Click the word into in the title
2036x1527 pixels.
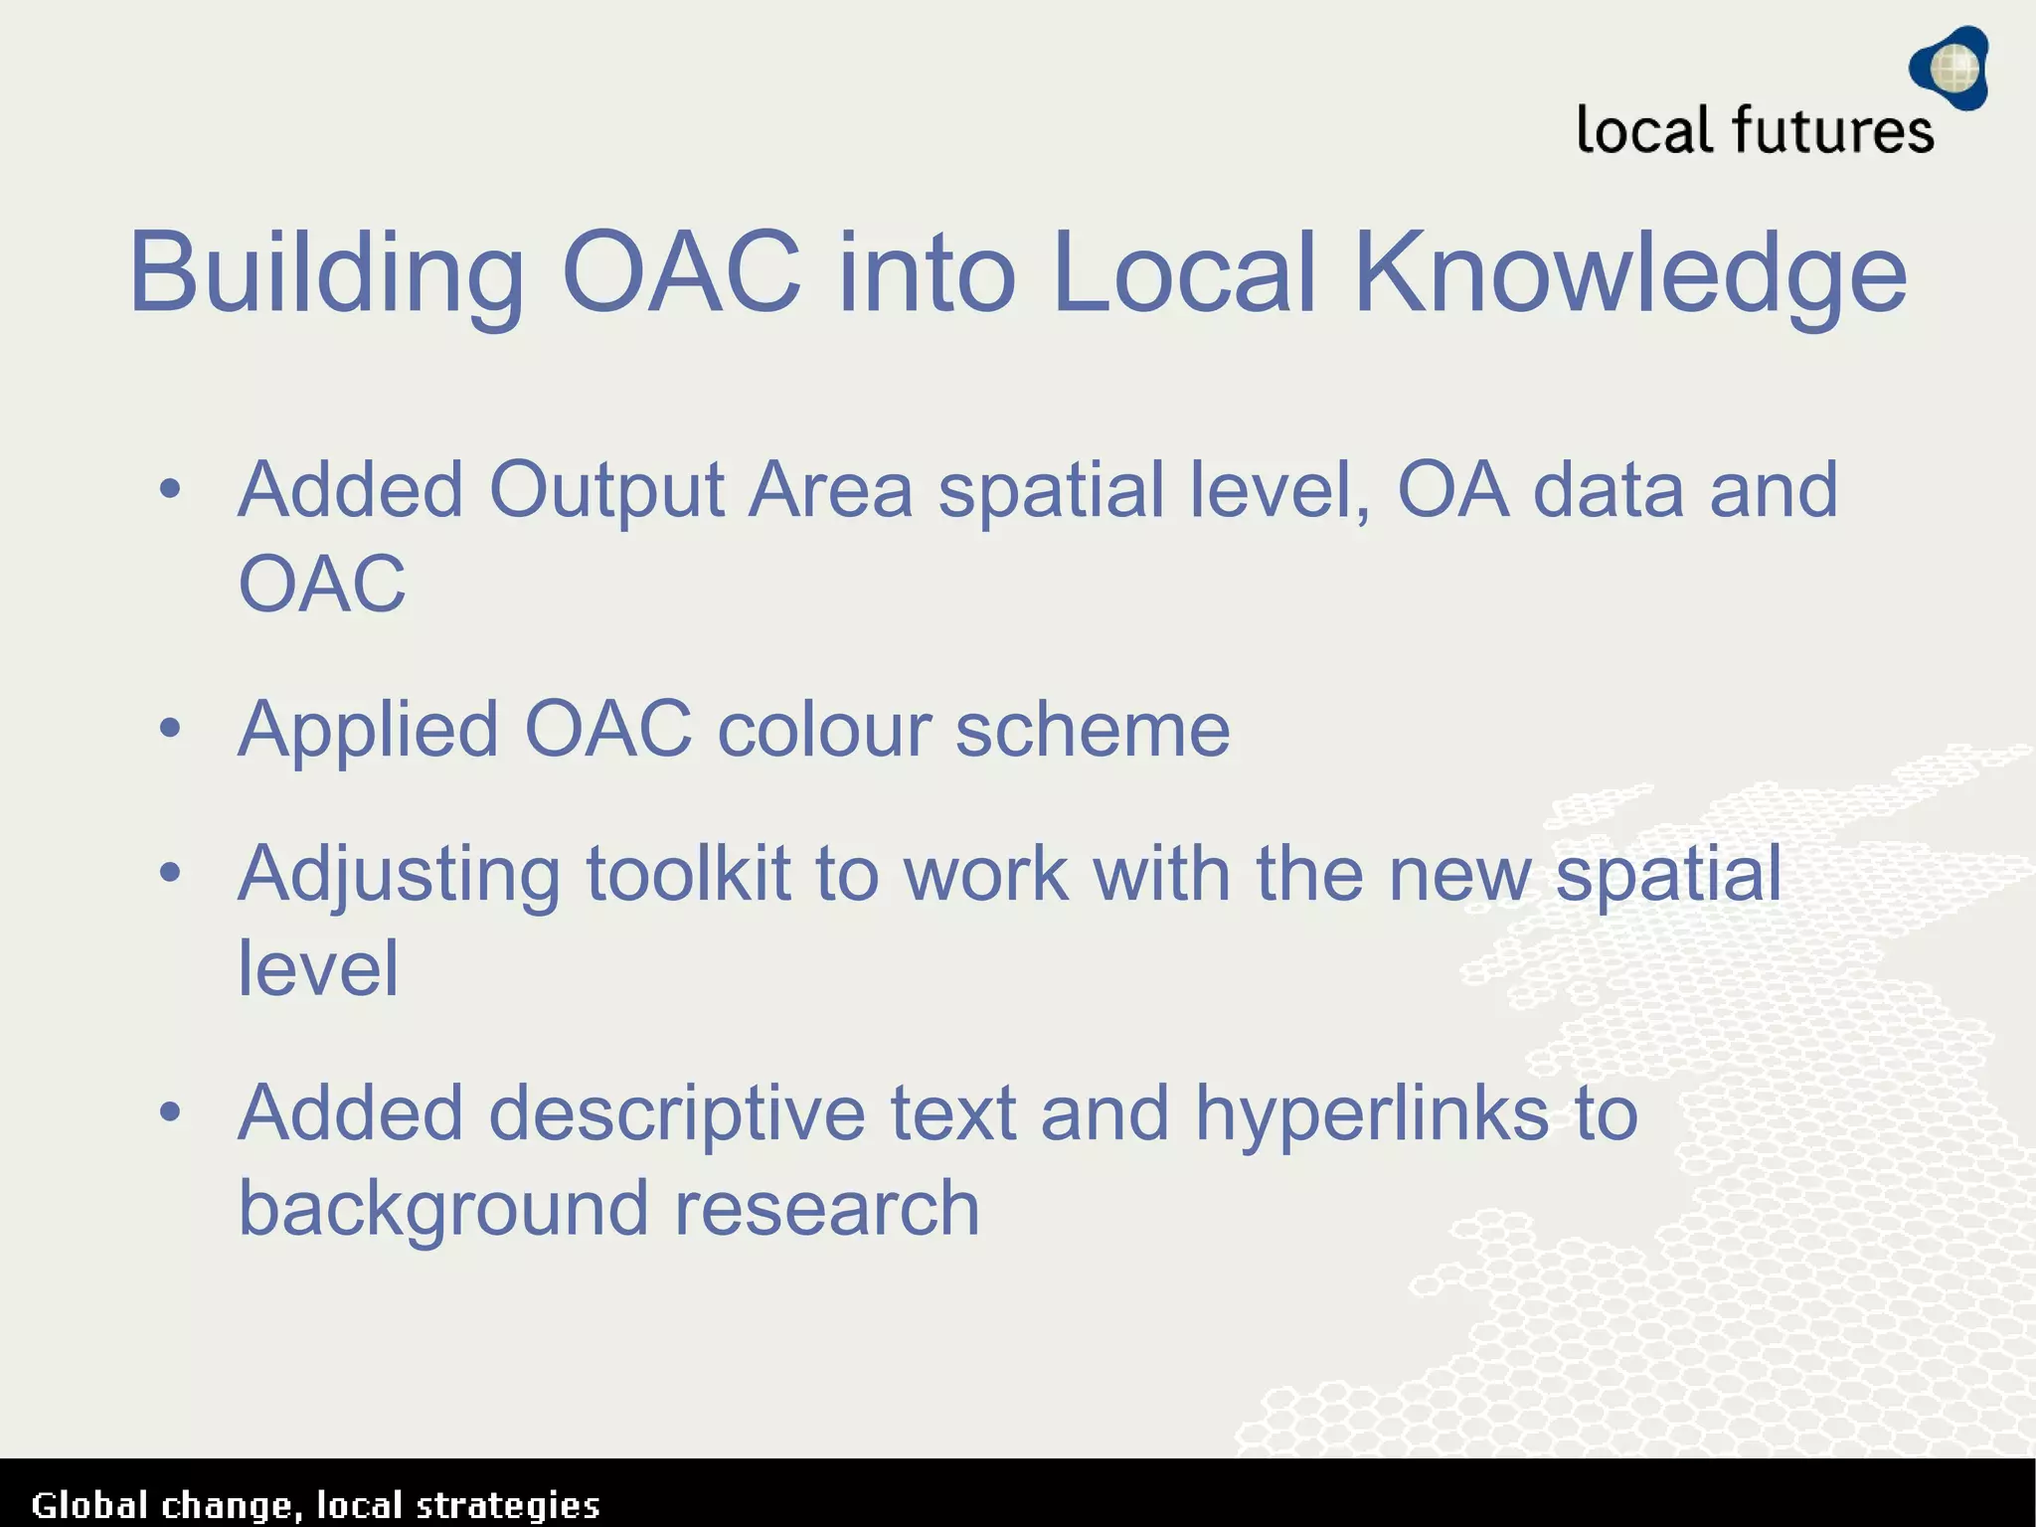(x=927, y=271)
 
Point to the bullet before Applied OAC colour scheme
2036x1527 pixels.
(x=170, y=729)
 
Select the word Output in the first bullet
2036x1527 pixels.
(x=606, y=491)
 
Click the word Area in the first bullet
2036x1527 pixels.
(x=830, y=491)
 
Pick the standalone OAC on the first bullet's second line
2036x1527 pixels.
(x=322, y=584)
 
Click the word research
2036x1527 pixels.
(x=827, y=1208)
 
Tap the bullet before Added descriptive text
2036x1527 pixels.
(x=170, y=1112)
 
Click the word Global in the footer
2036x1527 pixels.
(x=89, y=1505)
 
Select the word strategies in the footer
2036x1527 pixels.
(x=507, y=1505)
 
